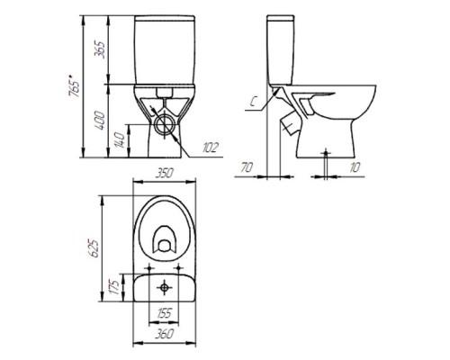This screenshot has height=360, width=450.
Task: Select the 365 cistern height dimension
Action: (100, 49)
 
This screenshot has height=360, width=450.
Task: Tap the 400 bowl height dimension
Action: (100, 121)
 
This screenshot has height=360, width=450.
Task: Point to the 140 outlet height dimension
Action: (120, 140)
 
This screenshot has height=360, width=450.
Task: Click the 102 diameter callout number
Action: (211, 148)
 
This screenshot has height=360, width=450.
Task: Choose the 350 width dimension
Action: (164, 173)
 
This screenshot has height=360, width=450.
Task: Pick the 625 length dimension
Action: (94, 247)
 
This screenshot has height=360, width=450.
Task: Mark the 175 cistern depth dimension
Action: (113, 287)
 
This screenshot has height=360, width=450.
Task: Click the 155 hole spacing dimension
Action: (164, 313)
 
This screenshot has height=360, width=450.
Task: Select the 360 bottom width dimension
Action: (165, 333)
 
